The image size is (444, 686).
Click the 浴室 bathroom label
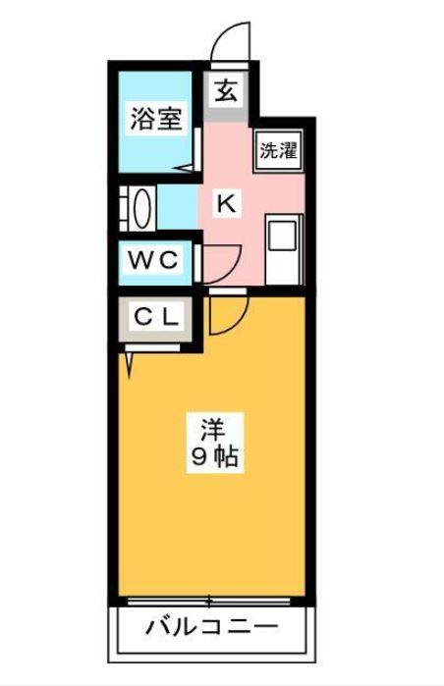click(x=156, y=119)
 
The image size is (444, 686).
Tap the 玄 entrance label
click(x=226, y=91)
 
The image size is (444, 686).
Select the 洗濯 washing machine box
click(x=279, y=151)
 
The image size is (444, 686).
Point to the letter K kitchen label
click(x=227, y=203)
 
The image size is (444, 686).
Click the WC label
click(x=153, y=261)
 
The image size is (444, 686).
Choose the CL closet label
click(x=156, y=318)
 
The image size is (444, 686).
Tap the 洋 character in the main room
click(x=214, y=429)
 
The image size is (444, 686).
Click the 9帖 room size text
click(x=214, y=456)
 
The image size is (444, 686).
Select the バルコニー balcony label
click(x=211, y=628)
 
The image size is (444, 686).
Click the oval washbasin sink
click(x=142, y=208)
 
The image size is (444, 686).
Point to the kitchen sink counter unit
click(x=284, y=250)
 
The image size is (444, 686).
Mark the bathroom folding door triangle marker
click(x=184, y=168)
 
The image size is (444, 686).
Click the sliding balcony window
click(x=209, y=602)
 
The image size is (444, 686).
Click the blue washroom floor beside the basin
click(x=177, y=208)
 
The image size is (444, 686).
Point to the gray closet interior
click(x=156, y=319)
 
